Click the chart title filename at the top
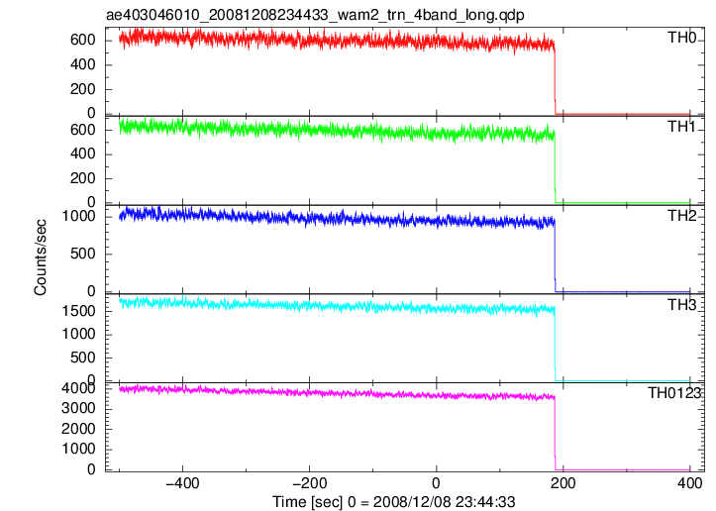point(315,15)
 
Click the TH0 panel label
point(681,38)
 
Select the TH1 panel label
point(681,127)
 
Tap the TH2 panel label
point(681,216)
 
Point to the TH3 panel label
point(681,305)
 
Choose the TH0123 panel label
point(674,393)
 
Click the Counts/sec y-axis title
point(41,257)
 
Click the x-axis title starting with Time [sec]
point(393,502)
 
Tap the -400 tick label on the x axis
point(182,483)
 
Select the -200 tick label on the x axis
point(309,483)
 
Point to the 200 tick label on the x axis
point(563,483)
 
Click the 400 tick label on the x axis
point(689,483)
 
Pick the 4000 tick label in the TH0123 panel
point(79,388)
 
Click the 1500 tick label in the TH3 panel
point(79,311)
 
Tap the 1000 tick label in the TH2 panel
point(79,216)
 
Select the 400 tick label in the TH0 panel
point(82,64)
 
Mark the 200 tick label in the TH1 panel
point(82,178)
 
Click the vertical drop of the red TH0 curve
point(555,80)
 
